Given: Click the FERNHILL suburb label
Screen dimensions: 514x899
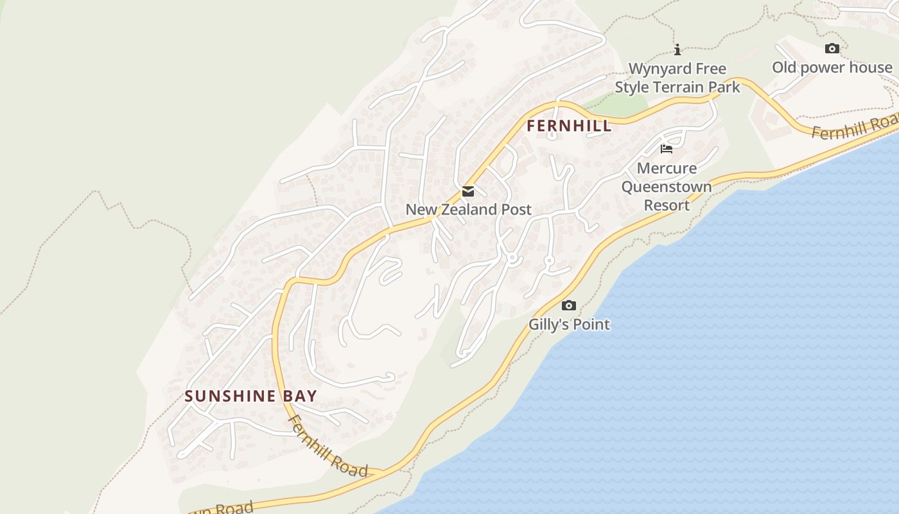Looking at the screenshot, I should (569, 126).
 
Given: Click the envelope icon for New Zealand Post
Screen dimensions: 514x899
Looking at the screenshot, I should (468, 191).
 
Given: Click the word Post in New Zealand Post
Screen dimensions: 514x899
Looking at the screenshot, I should (516, 209).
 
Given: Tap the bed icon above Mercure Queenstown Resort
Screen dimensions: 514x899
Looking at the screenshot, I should (667, 149).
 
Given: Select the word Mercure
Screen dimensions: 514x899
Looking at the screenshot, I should (667, 168).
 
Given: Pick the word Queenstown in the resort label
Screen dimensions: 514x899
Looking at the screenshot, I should (667, 187).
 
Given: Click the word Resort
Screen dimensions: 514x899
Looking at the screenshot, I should (667, 206).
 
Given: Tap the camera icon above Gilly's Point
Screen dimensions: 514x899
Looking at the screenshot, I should (568, 306).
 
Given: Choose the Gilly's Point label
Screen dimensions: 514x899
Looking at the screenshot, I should (569, 324).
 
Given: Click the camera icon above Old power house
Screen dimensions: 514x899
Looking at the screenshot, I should (832, 48).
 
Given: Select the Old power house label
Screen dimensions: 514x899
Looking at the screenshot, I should (832, 67).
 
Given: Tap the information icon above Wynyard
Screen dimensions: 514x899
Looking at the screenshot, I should (677, 49).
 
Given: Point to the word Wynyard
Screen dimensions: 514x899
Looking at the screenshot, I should (658, 69).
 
